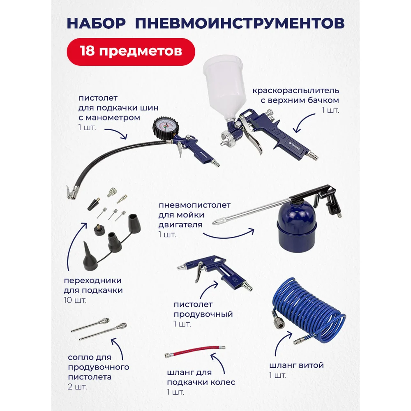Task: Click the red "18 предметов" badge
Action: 131,52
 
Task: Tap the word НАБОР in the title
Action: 96,23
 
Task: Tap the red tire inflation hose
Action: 195,351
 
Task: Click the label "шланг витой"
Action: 296,365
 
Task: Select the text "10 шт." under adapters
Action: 75,300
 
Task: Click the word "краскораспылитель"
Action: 296,91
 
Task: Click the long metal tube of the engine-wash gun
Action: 251,211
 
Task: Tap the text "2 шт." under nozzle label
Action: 77,387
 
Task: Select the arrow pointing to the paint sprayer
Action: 304,122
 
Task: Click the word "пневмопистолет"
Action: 194,205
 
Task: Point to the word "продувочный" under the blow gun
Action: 203,314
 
